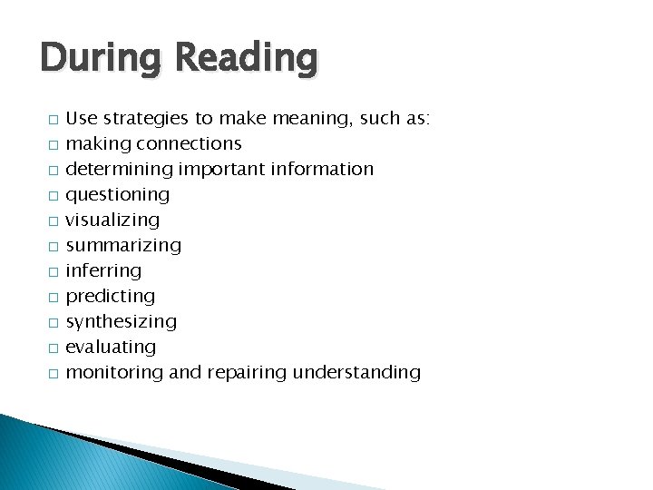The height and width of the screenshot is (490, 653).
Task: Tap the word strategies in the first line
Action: (x=145, y=119)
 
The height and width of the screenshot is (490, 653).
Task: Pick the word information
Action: (x=319, y=169)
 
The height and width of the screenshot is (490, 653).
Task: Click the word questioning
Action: (x=118, y=195)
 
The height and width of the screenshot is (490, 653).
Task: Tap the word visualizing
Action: (x=113, y=220)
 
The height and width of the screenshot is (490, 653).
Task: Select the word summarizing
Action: (x=124, y=246)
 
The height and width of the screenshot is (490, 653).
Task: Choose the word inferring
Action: (x=104, y=271)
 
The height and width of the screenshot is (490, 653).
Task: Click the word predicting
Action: (x=111, y=297)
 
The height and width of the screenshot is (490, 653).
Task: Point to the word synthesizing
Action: (x=122, y=322)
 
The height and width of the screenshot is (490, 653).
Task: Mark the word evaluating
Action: (x=112, y=348)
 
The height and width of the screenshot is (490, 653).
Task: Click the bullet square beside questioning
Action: (x=54, y=196)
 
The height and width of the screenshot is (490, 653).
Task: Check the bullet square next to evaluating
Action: (x=54, y=348)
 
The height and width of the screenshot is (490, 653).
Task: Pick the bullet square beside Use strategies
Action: (x=54, y=120)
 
